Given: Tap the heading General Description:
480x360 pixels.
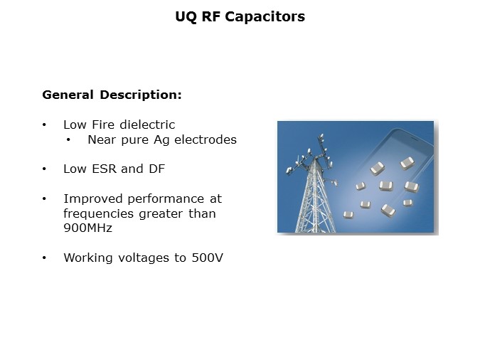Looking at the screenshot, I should pyautogui.click(x=112, y=95).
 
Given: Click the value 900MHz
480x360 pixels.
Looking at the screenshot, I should pyautogui.click(x=87, y=228).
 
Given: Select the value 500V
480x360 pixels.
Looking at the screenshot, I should pyautogui.click(x=206, y=258).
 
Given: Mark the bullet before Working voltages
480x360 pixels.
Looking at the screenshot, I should pyautogui.click(x=45, y=258).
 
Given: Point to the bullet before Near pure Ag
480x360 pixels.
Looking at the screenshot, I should pyautogui.click(x=68, y=139).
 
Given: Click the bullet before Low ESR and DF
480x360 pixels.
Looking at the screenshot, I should pyautogui.click(x=45, y=169).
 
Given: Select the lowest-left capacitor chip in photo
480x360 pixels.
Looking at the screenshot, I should pyautogui.click(x=348, y=214).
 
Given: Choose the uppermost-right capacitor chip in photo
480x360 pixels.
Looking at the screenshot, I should pyautogui.click(x=407, y=163).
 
